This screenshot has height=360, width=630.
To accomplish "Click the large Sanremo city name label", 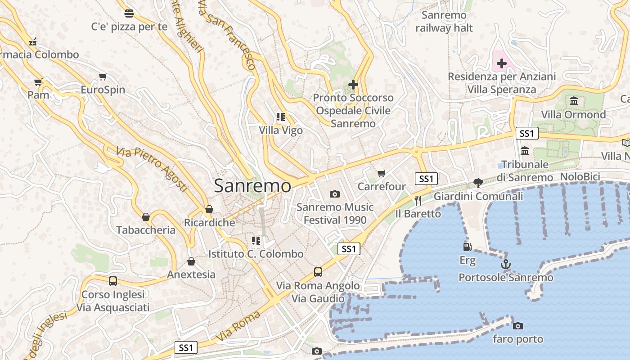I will tap(252, 186).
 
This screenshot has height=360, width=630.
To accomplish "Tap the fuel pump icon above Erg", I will tap(468, 247).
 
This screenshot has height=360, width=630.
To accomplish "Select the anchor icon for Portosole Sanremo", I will tap(506, 264).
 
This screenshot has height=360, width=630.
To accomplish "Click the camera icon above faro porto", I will tap(518, 326).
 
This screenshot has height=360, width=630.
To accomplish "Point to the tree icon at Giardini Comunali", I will tap(478, 183).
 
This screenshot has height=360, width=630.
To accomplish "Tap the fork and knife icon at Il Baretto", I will tap(418, 200).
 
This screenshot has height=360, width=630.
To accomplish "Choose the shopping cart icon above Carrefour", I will tap(382, 173).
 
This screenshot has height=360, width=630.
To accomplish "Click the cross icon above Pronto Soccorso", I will tap(353, 84).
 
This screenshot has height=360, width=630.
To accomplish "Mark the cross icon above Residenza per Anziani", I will tap(502, 63).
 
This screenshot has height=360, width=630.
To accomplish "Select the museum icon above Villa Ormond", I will tap(574, 101).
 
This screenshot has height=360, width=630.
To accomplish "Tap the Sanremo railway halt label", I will tap(444, 22).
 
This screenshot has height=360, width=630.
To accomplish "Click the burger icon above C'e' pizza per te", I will tap(129, 13).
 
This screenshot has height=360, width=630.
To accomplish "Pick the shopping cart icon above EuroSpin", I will tap(103, 77).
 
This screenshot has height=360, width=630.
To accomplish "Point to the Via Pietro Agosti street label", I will tap(151, 169).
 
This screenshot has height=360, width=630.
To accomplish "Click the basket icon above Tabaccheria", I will tap(146, 217).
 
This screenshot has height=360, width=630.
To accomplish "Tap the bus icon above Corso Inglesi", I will tap(113, 281).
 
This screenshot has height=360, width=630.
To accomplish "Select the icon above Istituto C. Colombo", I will tap(256, 241).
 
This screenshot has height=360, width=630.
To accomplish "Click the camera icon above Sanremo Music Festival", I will tap(334, 194).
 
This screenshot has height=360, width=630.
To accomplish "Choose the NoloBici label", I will tap(580, 176).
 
